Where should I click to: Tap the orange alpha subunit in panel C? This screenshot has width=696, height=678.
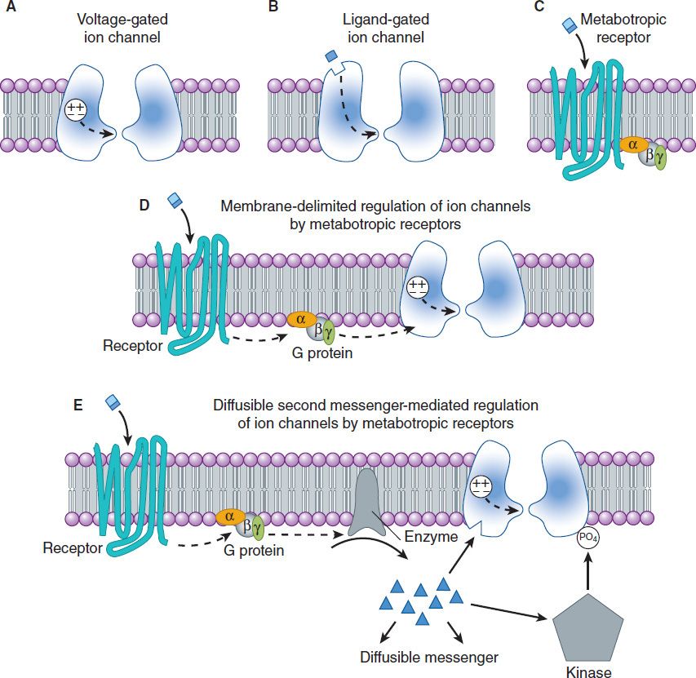(x=631, y=144)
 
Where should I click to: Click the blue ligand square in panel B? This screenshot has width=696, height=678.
(x=331, y=56)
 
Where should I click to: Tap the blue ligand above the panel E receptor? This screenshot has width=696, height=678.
(x=114, y=401)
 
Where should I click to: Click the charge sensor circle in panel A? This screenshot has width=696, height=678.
(x=76, y=111)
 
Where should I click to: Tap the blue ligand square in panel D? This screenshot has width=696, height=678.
(x=174, y=200)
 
